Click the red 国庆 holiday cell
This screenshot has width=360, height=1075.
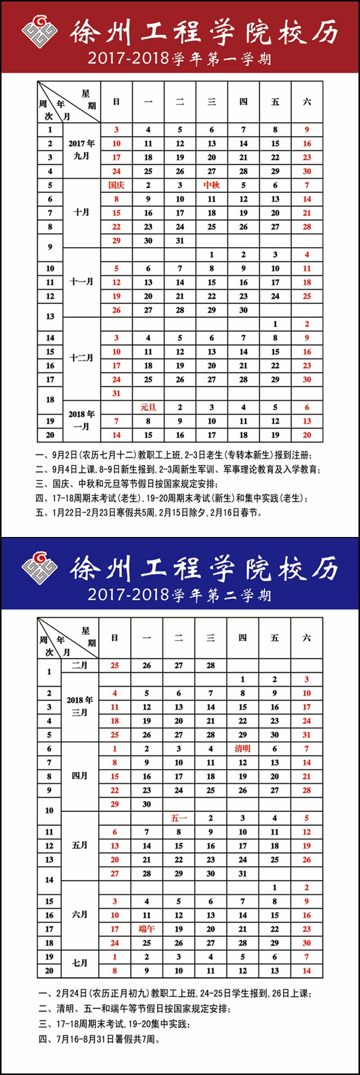point(116,185)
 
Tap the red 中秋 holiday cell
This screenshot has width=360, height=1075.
point(211,185)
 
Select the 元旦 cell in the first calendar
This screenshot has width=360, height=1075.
point(148,407)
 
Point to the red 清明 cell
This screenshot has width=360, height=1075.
point(242,748)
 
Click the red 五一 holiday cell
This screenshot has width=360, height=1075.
point(178,818)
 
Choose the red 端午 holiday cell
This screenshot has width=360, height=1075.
point(146,928)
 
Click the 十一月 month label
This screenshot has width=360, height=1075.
point(81,282)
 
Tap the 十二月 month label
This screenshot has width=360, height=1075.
point(81,358)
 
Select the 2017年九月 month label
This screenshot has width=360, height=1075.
point(81,149)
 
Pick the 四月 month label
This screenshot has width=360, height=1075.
point(79,775)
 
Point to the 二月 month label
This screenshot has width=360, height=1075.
point(79,665)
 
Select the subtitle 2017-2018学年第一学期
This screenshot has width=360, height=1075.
point(179,58)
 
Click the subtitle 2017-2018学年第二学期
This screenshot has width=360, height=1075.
point(179,594)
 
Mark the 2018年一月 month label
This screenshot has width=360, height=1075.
point(81,420)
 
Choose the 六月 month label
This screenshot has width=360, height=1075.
point(79,914)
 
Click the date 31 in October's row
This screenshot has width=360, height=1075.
point(180,240)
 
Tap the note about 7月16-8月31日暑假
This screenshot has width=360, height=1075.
point(99,1039)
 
